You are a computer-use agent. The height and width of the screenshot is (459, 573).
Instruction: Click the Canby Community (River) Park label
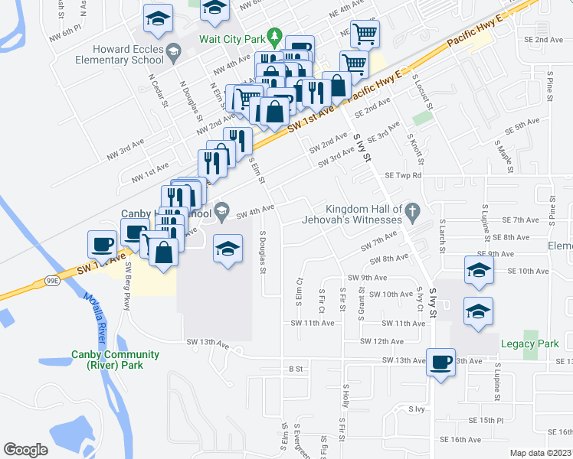click(x=115, y=360)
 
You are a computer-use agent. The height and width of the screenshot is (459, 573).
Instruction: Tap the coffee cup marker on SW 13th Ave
click(x=440, y=362)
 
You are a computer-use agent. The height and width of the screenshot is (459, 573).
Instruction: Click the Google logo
click(x=25, y=449)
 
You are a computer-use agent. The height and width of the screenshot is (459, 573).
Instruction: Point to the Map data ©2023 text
click(x=540, y=453)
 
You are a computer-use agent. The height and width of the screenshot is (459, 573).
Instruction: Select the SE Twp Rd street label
click(x=404, y=175)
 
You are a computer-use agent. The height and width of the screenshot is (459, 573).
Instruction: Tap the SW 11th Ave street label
click(x=313, y=324)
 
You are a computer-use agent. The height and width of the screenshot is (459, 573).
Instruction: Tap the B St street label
click(x=296, y=369)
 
